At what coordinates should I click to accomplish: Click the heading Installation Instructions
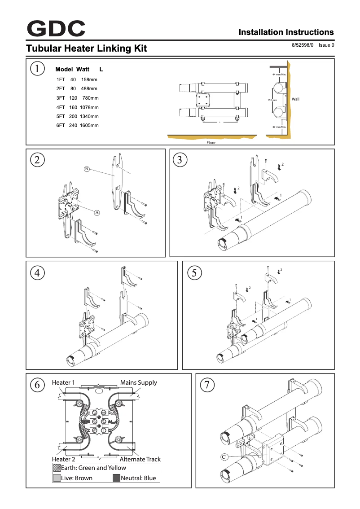(x=286, y=32)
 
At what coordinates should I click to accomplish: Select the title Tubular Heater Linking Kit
(x=87, y=48)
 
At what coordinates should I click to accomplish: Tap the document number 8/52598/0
(x=303, y=45)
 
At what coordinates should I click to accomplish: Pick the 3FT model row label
(x=61, y=98)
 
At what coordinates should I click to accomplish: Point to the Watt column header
(x=82, y=70)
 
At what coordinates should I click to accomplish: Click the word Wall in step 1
(x=295, y=99)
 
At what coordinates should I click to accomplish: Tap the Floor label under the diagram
(x=211, y=143)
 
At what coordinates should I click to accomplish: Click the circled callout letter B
(x=87, y=169)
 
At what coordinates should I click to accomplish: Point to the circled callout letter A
(x=96, y=213)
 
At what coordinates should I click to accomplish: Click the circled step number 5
(x=194, y=272)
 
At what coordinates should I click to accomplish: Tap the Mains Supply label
(x=138, y=383)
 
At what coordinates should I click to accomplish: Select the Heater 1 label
(x=63, y=383)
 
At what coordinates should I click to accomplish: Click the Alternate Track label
(x=140, y=459)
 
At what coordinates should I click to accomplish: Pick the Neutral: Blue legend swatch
(x=116, y=478)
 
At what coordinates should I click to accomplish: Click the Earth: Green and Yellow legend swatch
(x=57, y=468)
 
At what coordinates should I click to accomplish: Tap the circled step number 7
(x=207, y=385)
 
